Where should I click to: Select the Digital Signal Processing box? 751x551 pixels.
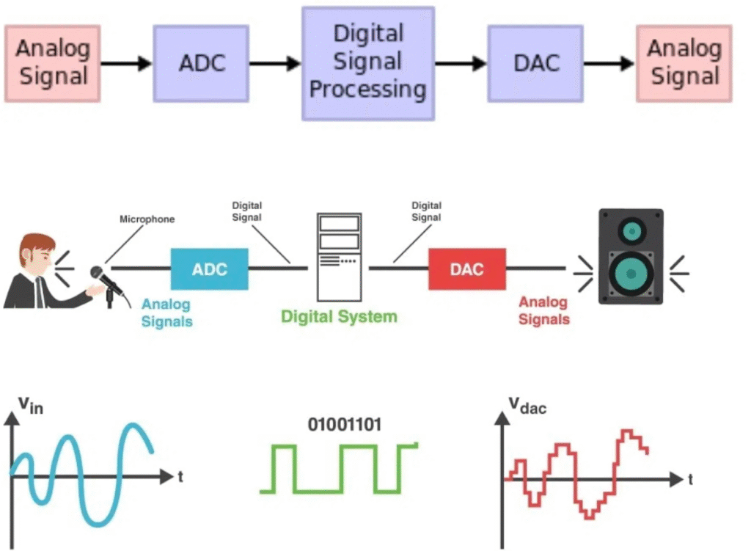pyautogui.click(x=367, y=63)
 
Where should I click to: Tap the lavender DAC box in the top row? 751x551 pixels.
pyautogui.click(x=535, y=63)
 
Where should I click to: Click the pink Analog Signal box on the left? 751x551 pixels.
pyautogui.click(x=52, y=63)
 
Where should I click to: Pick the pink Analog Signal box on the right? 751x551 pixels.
pyautogui.click(x=684, y=63)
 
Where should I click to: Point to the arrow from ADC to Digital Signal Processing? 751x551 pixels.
pyautogui.click(x=275, y=64)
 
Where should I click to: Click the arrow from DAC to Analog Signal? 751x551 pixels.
pyautogui.click(x=609, y=64)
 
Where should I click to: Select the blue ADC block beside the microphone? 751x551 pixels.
pyautogui.click(x=209, y=269)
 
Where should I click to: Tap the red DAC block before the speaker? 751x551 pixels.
pyautogui.click(x=466, y=269)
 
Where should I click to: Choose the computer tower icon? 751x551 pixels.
pyautogui.click(x=339, y=257)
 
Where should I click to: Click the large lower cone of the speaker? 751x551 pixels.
pyautogui.click(x=631, y=271)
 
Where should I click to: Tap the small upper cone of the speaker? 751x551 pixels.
pyautogui.click(x=631, y=232)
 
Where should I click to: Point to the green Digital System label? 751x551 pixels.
pyautogui.click(x=339, y=317)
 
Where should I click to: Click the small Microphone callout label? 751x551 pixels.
pyautogui.click(x=147, y=219)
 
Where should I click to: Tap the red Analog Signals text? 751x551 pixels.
pyautogui.click(x=543, y=310)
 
